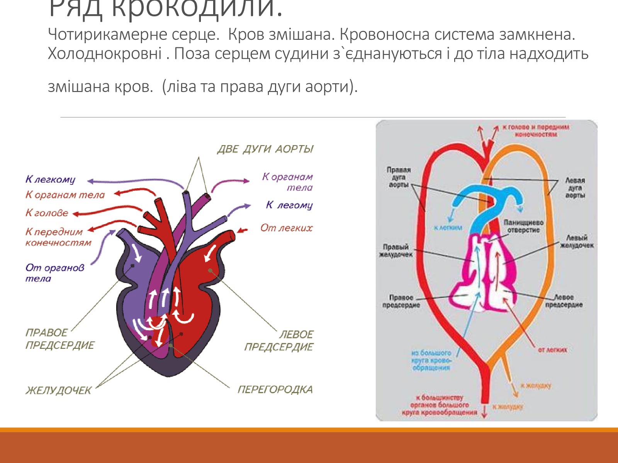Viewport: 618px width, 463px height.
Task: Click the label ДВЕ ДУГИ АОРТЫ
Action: click(x=265, y=149)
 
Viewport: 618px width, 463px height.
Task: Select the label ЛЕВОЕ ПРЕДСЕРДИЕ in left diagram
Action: click(x=279, y=340)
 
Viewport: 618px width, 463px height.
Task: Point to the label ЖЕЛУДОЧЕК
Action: click(x=58, y=390)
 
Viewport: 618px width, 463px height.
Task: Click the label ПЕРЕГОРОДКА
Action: click(x=275, y=389)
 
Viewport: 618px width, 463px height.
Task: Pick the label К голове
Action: click(x=47, y=213)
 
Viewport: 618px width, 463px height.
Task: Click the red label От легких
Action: click(x=286, y=228)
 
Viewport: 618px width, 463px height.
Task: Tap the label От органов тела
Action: click(x=54, y=273)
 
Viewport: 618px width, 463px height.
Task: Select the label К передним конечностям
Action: click(x=58, y=237)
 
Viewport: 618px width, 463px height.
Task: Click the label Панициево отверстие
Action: click(x=523, y=226)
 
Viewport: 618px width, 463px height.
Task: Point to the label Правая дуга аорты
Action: click(x=399, y=177)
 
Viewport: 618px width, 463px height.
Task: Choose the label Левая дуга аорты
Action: click(x=575, y=188)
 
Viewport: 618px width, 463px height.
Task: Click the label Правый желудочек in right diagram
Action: click(x=396, y=250)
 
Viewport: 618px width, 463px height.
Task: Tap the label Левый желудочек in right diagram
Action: click(x=577, y=241)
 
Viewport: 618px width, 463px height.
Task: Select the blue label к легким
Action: click(x=448, y=228)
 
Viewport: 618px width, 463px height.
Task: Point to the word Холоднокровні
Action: click(x=105, y=53)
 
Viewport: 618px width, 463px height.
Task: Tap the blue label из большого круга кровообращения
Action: click(x=431, y=360)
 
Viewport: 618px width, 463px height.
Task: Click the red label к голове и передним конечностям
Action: click(x=536, y=130)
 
